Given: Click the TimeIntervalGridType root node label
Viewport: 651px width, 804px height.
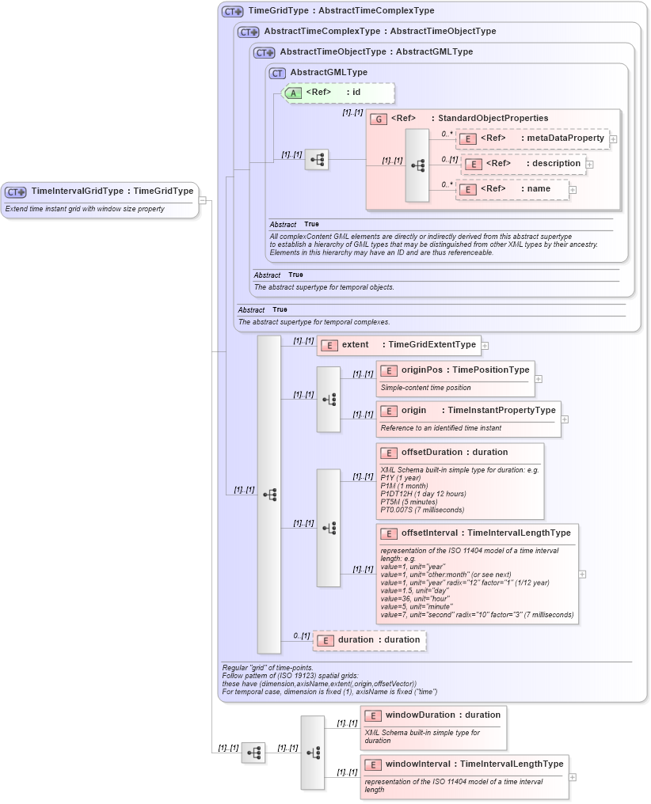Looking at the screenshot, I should coord(112,192).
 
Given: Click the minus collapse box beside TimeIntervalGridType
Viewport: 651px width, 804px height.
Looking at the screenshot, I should coord(203,200).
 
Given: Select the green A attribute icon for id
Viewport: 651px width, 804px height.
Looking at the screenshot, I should coord(292,93).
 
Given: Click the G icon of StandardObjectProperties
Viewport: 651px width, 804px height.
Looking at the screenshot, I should coord(379,119).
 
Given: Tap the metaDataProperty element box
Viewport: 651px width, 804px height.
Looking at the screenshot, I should coord(533,138).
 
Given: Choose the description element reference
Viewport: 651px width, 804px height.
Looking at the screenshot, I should coord(524,164).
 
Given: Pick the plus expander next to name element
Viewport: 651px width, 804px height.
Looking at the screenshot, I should coord(573,190).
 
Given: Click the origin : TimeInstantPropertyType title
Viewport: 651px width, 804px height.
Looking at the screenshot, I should coord(468,411).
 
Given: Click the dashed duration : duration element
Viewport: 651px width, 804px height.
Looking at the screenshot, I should coord(370,640).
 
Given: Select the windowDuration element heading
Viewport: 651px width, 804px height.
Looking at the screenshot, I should coord(432,715).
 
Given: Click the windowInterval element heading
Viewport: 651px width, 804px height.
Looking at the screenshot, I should coord(463,764).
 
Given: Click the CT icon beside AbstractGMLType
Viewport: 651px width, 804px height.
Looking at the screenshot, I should coord(277,73).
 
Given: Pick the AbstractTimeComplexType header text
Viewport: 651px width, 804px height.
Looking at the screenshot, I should coord(379,32).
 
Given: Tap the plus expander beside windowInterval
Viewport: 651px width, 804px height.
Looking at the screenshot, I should coord(573,777).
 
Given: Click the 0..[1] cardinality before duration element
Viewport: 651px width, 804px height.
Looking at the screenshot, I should coord(301,635).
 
